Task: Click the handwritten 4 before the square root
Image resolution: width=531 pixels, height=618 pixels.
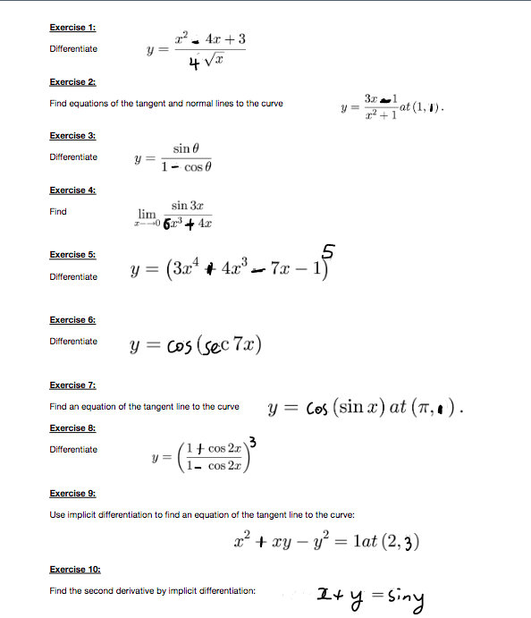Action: (x=192, y=63)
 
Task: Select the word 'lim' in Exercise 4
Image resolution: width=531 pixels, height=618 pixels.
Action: (x=147, y=215)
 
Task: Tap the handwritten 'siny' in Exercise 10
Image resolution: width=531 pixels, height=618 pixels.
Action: (x=404, y=596)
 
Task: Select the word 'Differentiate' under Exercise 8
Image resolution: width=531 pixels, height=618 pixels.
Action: (x=73, y=450)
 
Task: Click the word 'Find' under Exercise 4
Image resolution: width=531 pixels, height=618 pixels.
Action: (x=58, y=212)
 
